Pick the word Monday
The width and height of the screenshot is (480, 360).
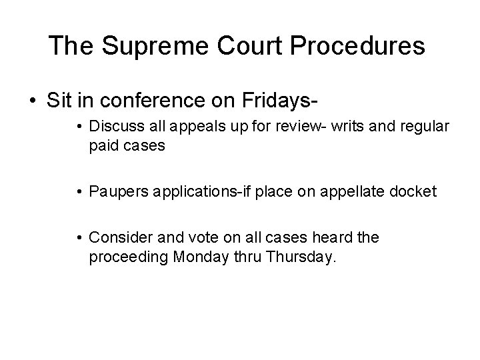pyautogui.click(x=197, y=257)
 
